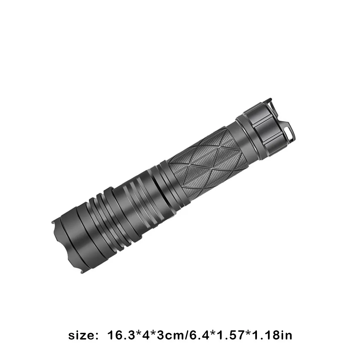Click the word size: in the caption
[81, 335]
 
